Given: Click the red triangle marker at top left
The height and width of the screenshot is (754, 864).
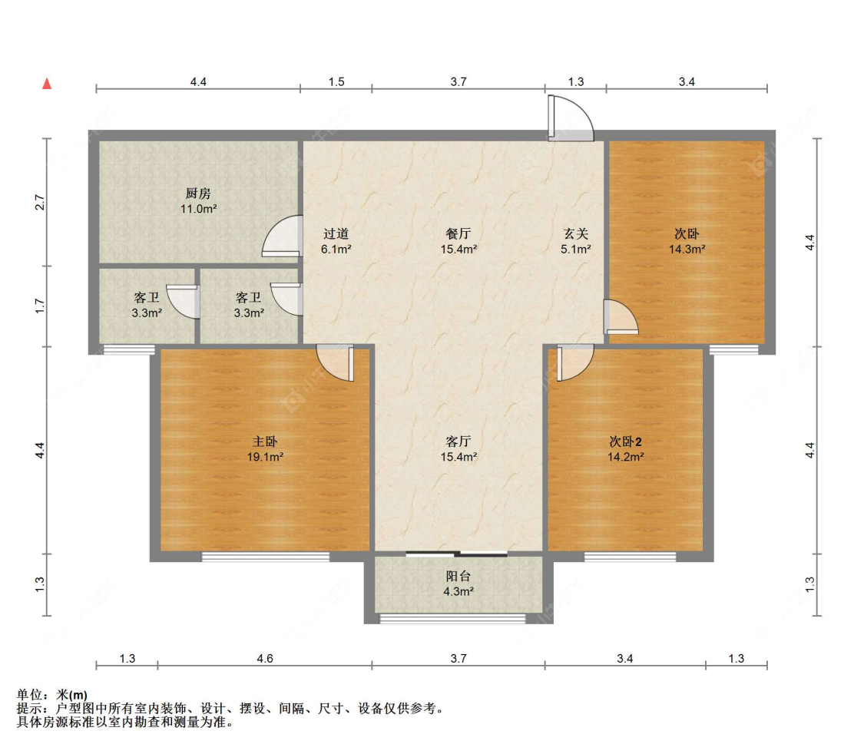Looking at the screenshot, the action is [47, 83].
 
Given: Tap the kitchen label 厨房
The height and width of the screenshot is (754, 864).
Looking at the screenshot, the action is [198, 193].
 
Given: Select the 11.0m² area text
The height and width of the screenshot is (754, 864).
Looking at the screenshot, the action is [198, 210].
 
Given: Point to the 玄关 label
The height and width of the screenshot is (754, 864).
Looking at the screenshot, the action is [576, 234].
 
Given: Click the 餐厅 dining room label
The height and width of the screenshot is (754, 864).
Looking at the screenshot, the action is [458, 234].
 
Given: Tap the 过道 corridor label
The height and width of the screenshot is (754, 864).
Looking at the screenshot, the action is [336, 234].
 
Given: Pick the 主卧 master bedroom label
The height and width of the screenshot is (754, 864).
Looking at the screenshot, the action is [265, 441].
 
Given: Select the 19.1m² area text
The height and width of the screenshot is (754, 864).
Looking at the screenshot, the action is [265, 457].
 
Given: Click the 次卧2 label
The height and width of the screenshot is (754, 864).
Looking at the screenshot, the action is [625, 441].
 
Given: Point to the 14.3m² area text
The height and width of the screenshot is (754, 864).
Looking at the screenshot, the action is [687, 250].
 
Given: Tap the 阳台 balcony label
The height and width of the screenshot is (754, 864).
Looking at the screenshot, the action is [458, 576].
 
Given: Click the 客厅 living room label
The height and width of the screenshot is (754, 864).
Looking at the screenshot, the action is [458, 441].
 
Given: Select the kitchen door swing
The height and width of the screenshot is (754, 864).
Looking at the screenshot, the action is [283, 236].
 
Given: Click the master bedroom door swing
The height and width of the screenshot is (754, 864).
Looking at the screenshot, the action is [335, 362].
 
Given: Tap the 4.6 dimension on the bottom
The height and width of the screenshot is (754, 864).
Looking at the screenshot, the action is [265, 659].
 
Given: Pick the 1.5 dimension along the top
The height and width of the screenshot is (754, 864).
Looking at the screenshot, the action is [336, 82].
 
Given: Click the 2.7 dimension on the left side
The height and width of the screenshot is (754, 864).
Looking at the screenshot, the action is [40, 203].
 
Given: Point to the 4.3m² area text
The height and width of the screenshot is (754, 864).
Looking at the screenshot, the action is [458, 591].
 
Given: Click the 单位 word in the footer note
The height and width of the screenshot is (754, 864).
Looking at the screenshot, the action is [29, 695].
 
